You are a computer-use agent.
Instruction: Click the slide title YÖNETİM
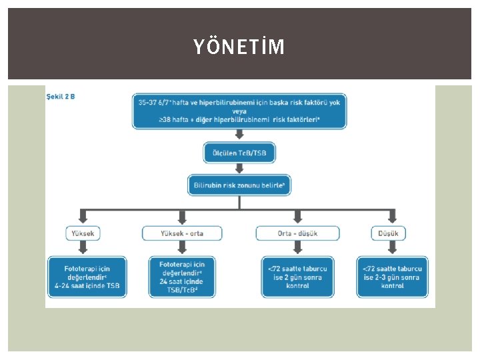(x=239, y=47)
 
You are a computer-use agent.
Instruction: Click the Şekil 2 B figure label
(x=61, y=97)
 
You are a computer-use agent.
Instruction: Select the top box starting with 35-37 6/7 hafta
(x=239, y=111)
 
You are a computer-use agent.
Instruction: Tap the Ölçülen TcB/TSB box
(x=239, y=153)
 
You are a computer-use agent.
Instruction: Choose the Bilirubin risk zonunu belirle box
(x=239, y=185)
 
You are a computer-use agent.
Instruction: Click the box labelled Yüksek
(x=83, y=233)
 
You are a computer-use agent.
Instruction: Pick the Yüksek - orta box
(x=181, y=233)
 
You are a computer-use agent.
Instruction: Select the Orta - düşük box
(x=297, y=233)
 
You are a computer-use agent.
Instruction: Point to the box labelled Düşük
(x=389, y=233)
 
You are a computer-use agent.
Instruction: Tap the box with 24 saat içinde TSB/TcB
(x=181, y=277)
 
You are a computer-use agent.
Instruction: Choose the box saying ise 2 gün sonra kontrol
(x=297, y=277)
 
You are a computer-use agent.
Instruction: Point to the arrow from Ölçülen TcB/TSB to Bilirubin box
(x=239, y=169)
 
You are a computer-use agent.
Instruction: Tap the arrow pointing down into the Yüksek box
(x=83, y=215)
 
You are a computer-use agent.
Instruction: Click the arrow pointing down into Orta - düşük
(x=297, y=215)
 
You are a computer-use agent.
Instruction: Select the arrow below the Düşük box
(x=389, y=249)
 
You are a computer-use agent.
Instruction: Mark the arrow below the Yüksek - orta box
(x=181, y=249)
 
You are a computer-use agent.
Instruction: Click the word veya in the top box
(x=239, y=111)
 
